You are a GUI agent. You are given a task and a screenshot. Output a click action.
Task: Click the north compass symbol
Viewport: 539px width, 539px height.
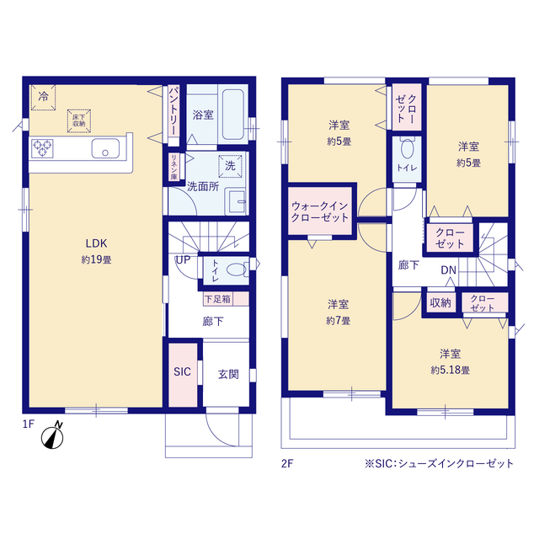pyautogui.click(x=53, y=436)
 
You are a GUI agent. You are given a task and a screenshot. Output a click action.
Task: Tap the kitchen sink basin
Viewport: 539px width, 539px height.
pyautogui.click(x=105, y=148)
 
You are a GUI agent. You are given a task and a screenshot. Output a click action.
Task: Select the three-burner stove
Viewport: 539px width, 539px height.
pyautogui.click(x=42, y=148)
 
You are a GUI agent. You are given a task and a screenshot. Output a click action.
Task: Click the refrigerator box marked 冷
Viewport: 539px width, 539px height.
pyautogui.click(x=43, y=98)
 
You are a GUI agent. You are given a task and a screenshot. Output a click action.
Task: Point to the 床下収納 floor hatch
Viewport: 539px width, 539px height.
pyautogui.click(x=79, y=120)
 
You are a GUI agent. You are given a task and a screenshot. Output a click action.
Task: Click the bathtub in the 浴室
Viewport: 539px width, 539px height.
pyautogui.click(x=233, y=115)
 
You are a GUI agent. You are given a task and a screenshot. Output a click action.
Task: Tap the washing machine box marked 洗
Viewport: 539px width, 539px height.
pyautogui.click(x=230, y=166)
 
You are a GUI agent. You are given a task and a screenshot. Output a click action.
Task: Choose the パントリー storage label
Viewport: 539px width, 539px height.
pyautogui.click(x=173, y=111)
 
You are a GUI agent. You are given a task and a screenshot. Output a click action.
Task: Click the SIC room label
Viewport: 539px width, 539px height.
pyautogui.click(x=182, y=371)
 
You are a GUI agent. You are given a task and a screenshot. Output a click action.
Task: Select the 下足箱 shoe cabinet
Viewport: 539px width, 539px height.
pyautogui.click(x=226, y=299)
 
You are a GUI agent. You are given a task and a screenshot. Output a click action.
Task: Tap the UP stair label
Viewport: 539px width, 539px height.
pyautogui.click(x=183, y=260)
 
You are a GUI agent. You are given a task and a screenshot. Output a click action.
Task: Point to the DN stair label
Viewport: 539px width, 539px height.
pyautogui.click(x=448, y=270)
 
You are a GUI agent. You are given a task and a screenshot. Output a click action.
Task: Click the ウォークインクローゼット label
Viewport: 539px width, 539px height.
pyautogui.click(x=320, y=211)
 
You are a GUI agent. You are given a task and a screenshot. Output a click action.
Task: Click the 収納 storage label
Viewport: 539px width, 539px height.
pyautogui.click(x=440, y=303)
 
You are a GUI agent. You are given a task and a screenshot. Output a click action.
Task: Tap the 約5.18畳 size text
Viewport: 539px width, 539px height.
pyautogui.click(x=451, y=371)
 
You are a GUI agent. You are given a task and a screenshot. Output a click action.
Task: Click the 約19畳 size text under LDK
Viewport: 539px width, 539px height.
pyautogui.click(x=97, y=259)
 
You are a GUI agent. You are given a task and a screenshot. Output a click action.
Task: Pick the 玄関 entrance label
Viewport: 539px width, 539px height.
pyautogui.click(x=228, y=374)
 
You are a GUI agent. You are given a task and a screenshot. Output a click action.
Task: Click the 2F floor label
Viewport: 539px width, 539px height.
pyautogui.click(x=287, y=464)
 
